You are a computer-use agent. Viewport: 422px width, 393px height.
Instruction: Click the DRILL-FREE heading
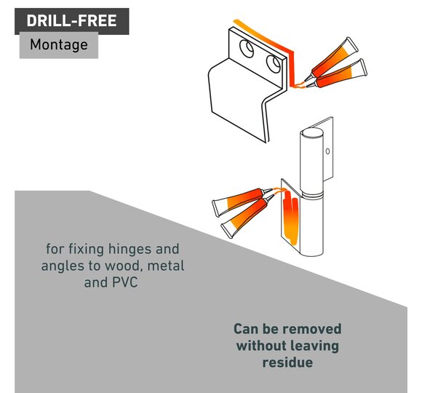71,20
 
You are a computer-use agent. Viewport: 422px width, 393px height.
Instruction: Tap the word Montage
59,44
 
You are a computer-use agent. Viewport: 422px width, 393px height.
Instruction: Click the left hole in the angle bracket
247,49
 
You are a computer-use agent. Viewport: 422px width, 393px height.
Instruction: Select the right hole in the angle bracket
273,64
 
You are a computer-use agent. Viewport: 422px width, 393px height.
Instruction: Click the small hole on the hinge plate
327,151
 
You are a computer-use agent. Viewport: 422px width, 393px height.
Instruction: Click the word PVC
124,282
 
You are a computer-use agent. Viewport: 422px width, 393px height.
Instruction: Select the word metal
166,266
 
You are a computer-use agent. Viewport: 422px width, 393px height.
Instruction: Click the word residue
287,362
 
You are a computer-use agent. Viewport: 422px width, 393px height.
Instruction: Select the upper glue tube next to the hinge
242,200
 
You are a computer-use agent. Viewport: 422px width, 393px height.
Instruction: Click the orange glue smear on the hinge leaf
290,218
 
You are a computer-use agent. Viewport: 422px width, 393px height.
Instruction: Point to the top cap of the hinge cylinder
311,133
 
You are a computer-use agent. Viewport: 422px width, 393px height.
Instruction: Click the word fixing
86,249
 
